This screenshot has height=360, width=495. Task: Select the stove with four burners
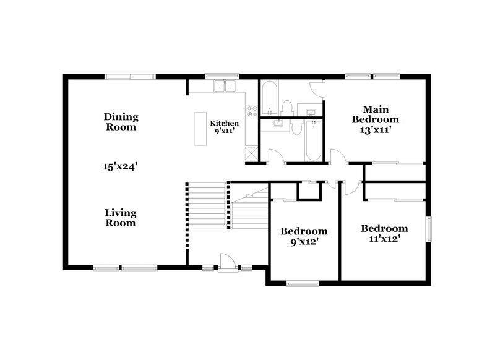(252, 112)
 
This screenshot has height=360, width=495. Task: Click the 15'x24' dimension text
(120, 166)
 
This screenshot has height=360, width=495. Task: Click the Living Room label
(120, 218)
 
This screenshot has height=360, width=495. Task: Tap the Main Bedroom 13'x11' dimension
(375, 131)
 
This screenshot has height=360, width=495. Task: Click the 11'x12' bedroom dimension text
(384, 239)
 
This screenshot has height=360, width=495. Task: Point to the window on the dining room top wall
(129, 77)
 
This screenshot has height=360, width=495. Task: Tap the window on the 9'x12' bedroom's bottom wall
(303, 284)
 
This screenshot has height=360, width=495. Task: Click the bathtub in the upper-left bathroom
(269, 99)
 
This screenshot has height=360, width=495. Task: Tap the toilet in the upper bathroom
(288, 107)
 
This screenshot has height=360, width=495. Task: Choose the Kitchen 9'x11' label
(223, 127)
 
